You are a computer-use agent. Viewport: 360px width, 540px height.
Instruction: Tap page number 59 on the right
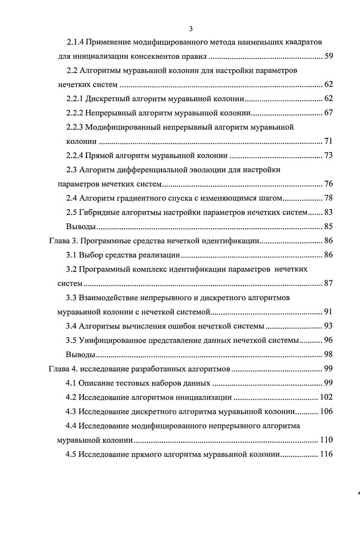pos(329,55)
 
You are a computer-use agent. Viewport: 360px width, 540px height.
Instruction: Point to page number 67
pos(329,112)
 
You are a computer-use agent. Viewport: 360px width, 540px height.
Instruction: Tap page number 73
pos(329,156)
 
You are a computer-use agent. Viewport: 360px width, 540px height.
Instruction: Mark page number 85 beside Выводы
pos(329,226)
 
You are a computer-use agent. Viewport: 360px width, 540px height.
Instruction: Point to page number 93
pos(329,325)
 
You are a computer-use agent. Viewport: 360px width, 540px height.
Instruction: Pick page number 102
pos(326,397)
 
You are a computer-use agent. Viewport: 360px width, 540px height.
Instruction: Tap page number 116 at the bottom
pos(326,454)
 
